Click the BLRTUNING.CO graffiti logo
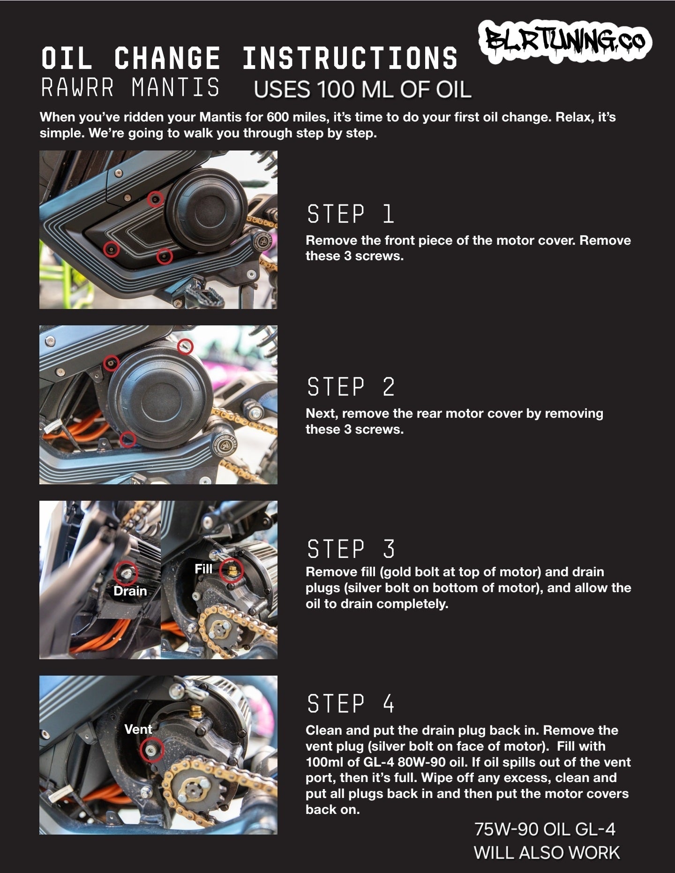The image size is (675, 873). [x=565, y=42]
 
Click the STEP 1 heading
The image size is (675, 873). [x=351, y=214]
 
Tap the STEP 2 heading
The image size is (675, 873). [x=351, y=387]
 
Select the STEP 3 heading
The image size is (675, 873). [x=351, y=549]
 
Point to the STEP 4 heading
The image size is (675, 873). [x=351, y=704]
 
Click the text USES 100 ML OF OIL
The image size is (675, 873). [x=362, y=89]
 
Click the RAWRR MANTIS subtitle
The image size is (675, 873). [x=130, y=88]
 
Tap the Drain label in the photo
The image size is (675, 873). [x=130, y=591]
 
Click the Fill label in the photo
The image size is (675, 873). [x=203, y=569]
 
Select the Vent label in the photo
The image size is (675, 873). [x=138, y=729]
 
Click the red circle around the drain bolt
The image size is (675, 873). [x=126, y=572]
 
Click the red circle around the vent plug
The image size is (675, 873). [x=152, y=750]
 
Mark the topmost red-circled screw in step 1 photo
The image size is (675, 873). [x=155, y=199]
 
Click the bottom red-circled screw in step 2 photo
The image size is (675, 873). [x=127, y=440]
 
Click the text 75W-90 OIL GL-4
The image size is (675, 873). [x=545, y=829]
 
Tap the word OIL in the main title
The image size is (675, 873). [x=66, y=58]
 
